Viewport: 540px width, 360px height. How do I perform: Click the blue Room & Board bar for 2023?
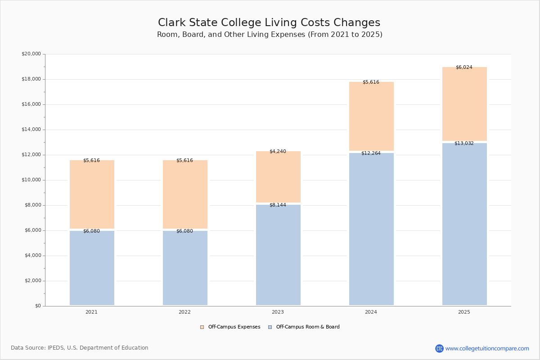click(278, 255)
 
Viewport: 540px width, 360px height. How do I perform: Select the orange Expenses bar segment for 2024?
click(371, 117)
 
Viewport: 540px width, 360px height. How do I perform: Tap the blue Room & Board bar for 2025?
click(464, 224)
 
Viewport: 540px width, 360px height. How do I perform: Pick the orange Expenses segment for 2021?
click(92, 194)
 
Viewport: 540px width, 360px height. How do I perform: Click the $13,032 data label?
click(464, 144)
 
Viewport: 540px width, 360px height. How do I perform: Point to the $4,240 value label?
click(278, 152)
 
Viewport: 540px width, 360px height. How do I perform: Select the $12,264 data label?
click(371, 153)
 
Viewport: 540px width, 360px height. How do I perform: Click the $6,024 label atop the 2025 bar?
click(464, 67)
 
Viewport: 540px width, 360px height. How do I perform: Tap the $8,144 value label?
click(278, 205)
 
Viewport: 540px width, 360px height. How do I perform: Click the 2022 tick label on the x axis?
click(184, 312)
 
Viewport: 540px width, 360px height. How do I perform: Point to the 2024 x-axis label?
click(371, 312)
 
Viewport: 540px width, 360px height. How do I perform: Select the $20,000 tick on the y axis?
click(31, 54)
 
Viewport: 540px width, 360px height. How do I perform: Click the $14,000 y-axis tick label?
click(31, 130)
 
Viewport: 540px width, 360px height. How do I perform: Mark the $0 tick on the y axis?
click(38, 306)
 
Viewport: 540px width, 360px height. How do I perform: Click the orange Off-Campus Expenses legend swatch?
click(202, 327)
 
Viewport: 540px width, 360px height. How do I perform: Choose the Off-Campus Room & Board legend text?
click(308, 327)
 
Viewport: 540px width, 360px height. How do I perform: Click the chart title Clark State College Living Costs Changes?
click(269, 22)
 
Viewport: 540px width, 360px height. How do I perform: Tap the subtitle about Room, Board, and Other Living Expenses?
click(270, 35)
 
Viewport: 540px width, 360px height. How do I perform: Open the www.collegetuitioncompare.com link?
click(487, 348)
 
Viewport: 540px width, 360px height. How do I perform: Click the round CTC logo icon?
click(439, 348)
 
